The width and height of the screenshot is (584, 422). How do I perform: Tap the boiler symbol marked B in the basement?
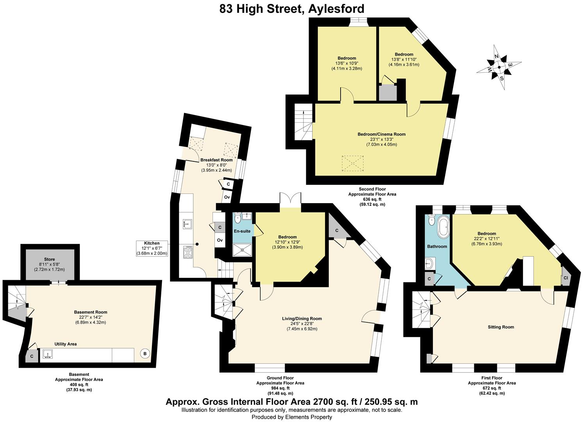coord(145,354)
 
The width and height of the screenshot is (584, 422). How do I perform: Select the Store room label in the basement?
coord(49,259)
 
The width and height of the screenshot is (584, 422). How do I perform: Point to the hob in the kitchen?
coord(188,252)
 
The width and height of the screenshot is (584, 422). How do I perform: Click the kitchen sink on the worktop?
coord(187,224)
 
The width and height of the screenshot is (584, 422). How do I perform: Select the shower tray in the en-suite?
coord(243,250)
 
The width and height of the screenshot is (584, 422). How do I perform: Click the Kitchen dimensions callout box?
coord(152,248)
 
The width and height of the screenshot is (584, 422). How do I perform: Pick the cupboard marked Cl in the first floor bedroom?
coord(566,278)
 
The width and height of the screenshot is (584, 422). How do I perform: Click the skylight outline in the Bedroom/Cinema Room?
coord(352,163)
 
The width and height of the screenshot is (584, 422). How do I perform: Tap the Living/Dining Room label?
coord(302,318)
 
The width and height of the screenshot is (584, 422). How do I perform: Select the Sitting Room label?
coord(501,327)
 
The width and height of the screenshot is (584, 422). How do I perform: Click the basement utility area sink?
coord(48,354)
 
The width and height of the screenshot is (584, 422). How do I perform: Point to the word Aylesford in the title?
coord(336,9)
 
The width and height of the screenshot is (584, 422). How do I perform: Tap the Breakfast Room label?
coord(216,160)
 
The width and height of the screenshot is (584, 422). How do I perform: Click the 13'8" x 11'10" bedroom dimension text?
coord(404,59)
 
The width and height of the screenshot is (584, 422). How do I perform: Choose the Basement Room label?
coord(91,312)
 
